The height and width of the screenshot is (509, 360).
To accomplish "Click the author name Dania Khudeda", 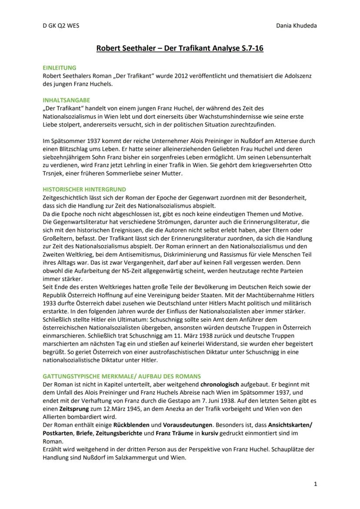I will pyautogui.click(x=296, y=25).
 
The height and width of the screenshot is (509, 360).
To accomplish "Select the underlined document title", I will pyautogui.click(x=180, y=48).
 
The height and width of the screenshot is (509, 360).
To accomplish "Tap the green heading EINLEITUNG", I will pyautogui.click(x=60, y=68).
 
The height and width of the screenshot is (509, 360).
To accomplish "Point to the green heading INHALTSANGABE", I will pyautogui.click(x=66, y=100).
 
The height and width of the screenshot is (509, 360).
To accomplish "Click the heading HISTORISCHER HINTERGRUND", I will pyautogui.click(x=84, y=190).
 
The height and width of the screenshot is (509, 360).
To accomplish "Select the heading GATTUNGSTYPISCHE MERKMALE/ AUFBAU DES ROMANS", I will pyautogui.click(x=122, y=376).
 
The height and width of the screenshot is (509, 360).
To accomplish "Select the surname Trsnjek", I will pyautogui.click(x=55, y=173).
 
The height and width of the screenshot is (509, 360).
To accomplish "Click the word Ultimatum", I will pyautogui.click(x=121, y=319).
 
